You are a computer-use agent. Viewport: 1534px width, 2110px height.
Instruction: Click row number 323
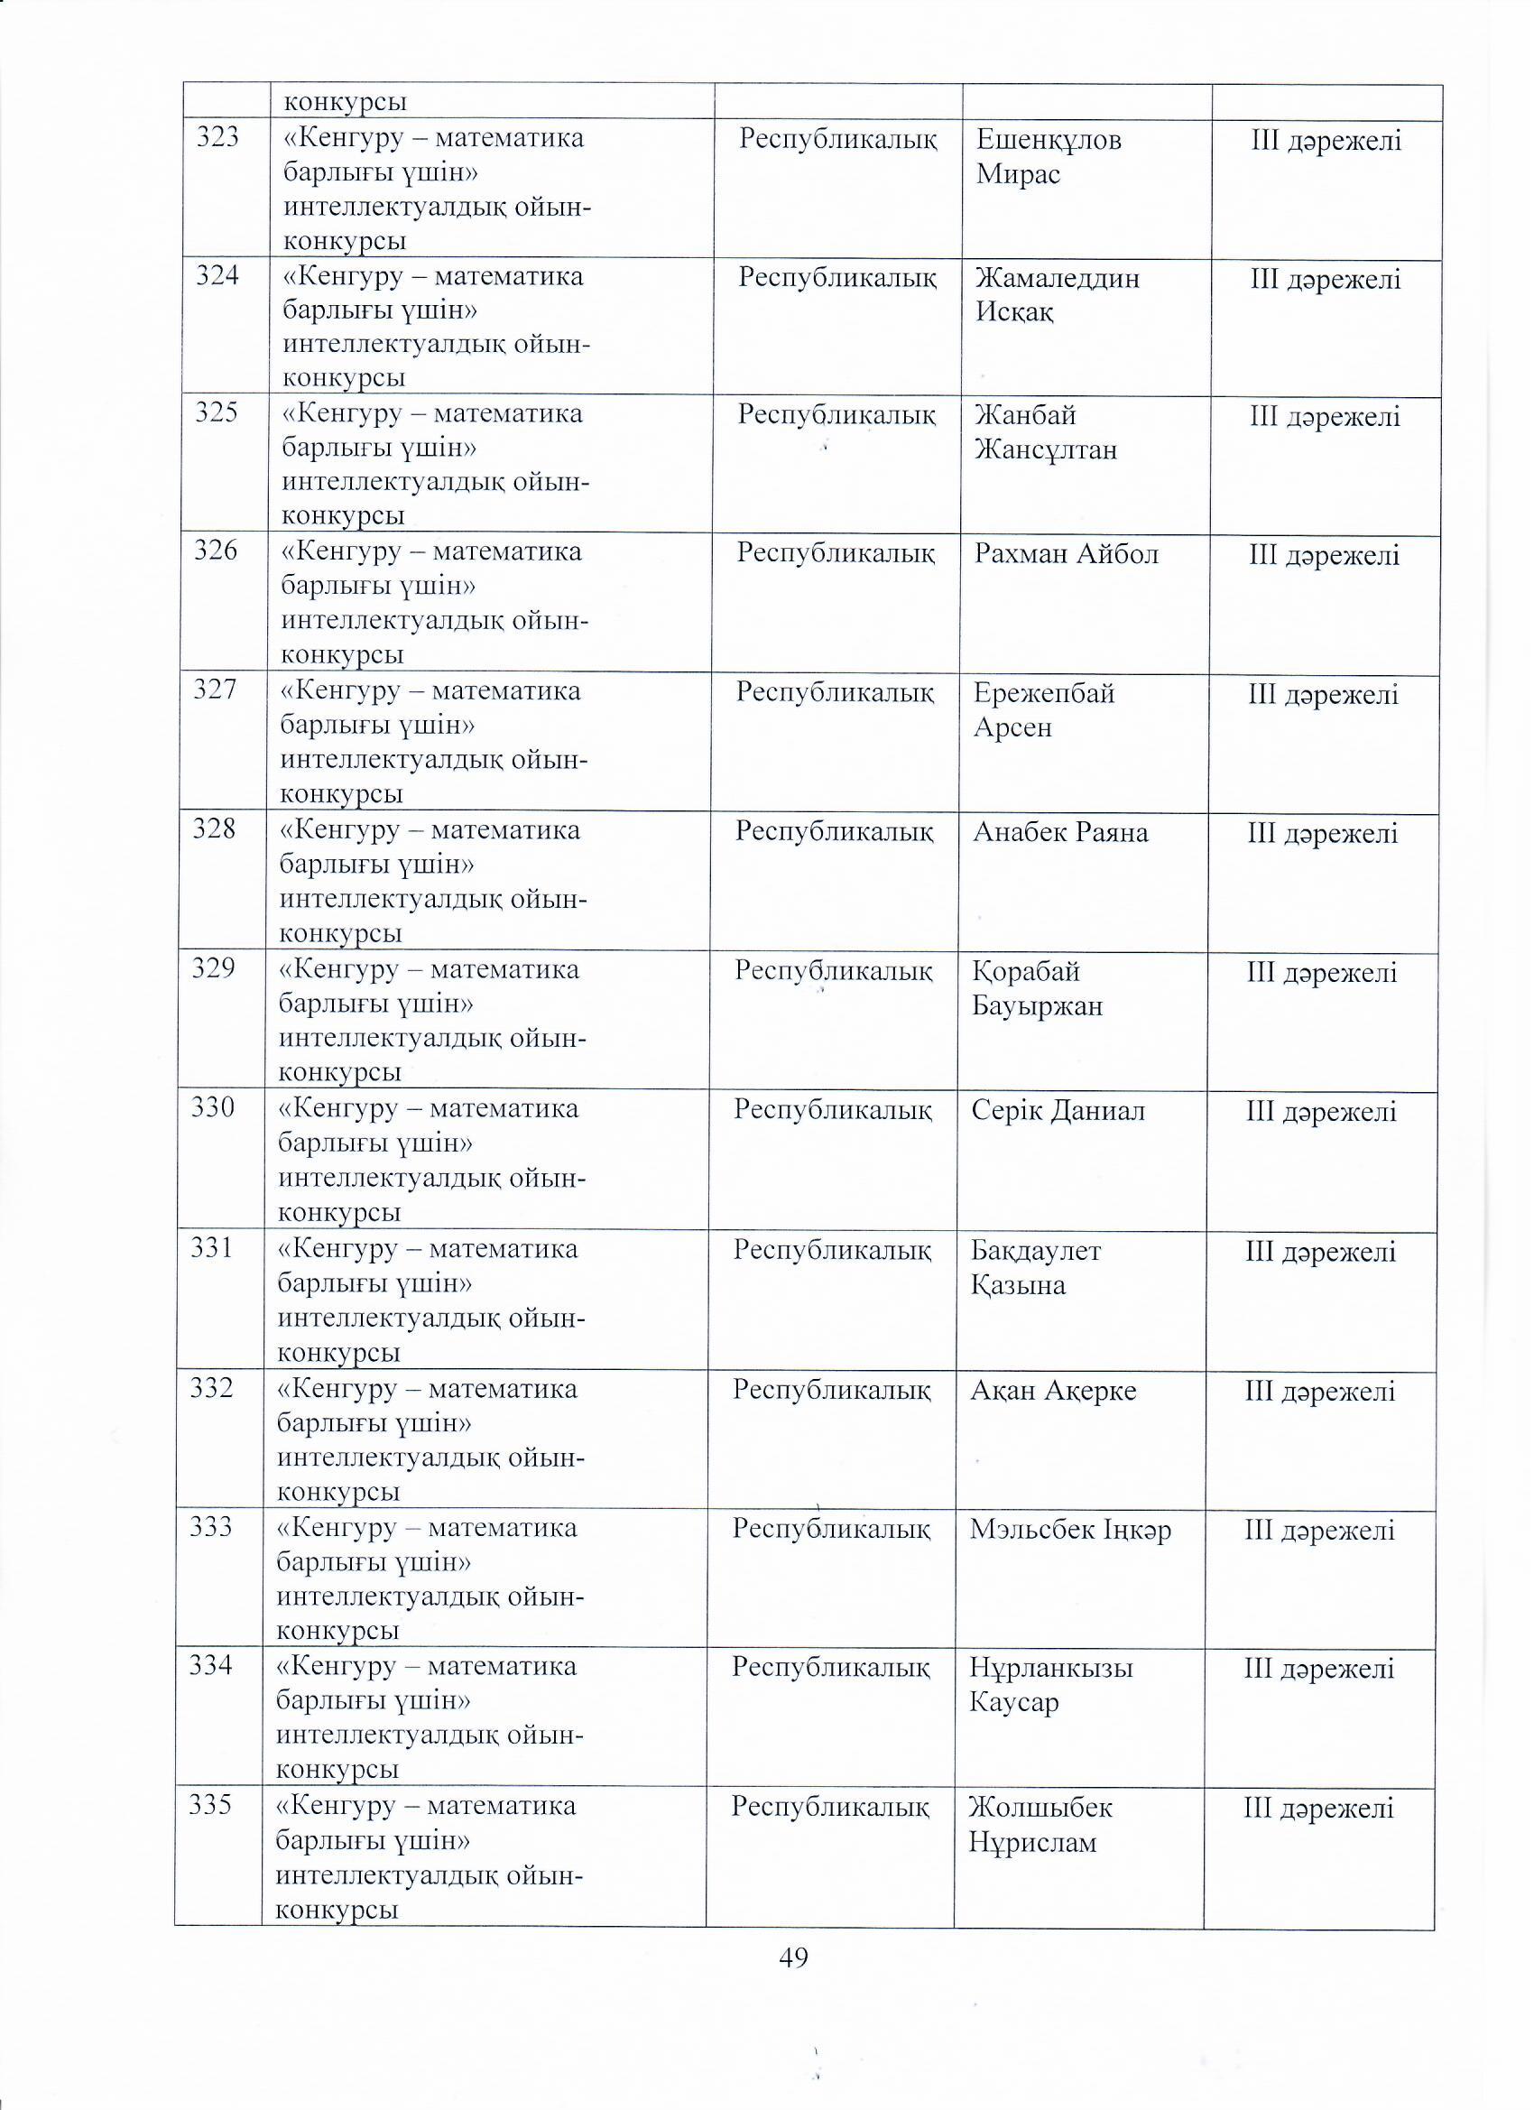click(x=217, y=138)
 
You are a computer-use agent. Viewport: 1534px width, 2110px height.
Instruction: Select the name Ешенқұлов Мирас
click(x=1049, y=157)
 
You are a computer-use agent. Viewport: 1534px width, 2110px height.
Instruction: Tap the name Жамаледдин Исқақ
click(x=1057, y=295)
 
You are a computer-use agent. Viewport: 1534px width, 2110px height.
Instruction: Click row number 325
click(x=217, y=412)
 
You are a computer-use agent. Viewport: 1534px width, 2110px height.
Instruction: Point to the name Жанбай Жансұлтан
click(x=1046, y=432)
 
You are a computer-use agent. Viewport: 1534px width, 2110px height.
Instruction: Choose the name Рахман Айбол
click(x=1066, y=554)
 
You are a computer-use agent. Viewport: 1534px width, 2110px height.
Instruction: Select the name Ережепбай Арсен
click(x=1044, y=710)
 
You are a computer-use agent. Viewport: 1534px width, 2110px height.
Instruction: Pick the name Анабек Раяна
click(x=1060, y=832)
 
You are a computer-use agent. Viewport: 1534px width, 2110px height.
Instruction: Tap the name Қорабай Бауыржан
click(x=1037, y=989)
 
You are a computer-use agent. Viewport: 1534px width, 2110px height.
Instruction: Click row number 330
click(x=213, y=1107)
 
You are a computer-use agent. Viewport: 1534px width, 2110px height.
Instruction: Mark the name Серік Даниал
click(x=1058, y=1111)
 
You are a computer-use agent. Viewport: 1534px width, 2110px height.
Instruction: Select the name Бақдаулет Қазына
click(x=1035, y=1268)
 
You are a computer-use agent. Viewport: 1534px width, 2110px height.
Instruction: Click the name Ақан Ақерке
click(x=1053, y=1391)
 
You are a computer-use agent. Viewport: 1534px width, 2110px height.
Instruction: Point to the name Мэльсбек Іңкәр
click(x=1070, y=1530)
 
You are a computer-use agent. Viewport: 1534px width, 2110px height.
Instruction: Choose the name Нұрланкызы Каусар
click(x=1050, y=1685)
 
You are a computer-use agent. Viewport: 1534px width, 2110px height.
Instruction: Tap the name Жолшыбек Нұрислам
click(x=1040, y=1825)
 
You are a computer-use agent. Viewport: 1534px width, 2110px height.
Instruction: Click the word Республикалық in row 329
click(x=834, y=971)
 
